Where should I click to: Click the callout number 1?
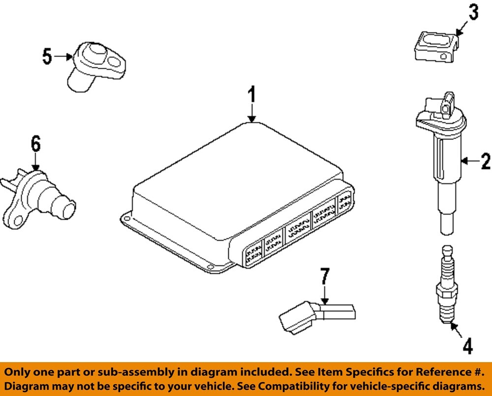pos(251,94)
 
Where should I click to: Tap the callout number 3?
pos(473,13)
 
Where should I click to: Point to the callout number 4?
pos(467,346)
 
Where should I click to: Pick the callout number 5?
pos(47,56)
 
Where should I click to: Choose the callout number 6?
pos(35,144)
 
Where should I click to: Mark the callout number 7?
pos(323,277)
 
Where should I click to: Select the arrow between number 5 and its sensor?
pos(63,57)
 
